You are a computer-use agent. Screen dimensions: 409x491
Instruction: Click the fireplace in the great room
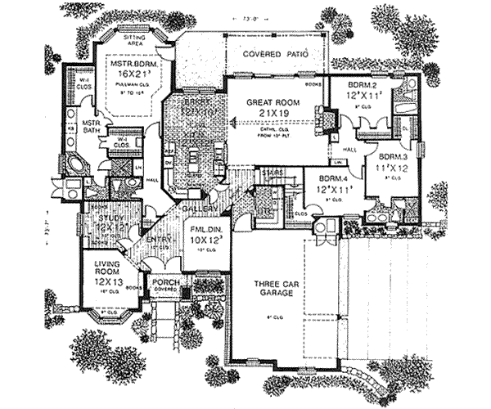tap(327, 120)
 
